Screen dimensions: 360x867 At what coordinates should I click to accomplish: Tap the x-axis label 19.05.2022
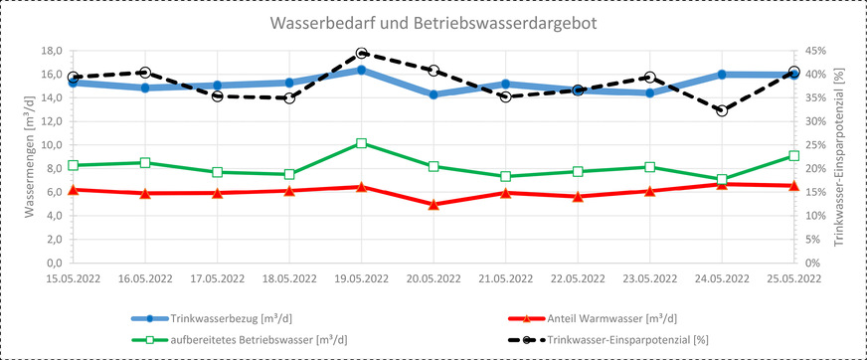[361, 280]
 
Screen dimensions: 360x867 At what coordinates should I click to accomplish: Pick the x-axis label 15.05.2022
[74, 280]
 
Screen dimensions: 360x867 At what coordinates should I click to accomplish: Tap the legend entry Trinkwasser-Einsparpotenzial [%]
[636, 338]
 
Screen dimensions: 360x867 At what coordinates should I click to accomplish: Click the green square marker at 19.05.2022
[361, 143]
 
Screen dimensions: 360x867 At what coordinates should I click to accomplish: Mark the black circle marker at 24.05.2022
[722, 110]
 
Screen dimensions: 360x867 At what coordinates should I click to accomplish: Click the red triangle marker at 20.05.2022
[433, 205]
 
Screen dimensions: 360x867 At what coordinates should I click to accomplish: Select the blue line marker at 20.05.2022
[433, 94]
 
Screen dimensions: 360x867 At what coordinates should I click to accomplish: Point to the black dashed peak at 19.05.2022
[361, 54]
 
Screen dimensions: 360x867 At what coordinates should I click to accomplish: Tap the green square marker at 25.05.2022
[793, 156]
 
